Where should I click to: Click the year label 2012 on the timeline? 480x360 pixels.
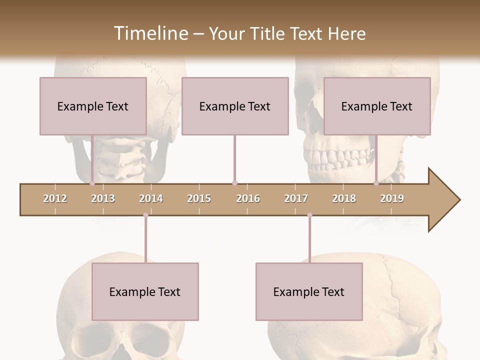pyautogui.click(x=55, y=198)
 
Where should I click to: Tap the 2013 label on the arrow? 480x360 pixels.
pyautogui.click(x=103, y=198)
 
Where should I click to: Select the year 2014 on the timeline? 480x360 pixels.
pyautogui.click(x=151, y=198)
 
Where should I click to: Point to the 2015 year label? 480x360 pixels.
pyautogui.click(x=199, y=198)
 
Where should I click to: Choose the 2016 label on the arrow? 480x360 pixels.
pyautogui.click(x=248, y=198)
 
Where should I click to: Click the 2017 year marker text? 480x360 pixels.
pyautogui.click(x=296, y=198)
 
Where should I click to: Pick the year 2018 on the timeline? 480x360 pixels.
pyautogui.click(x=344, y=198)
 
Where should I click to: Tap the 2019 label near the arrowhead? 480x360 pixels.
pyautogui.click(x=392, y=198)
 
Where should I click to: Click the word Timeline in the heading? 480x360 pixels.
pyautogui.click(x=150, y=33)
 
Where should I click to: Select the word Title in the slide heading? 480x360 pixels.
pyautogui.click(x=268, y=33)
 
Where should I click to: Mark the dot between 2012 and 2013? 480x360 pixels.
pyautogui.click(x=92, y=183)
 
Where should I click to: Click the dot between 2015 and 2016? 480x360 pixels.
pyautogui.click(x=234, y=183)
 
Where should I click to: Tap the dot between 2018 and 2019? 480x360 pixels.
pyautogui.click(x=376, y=183)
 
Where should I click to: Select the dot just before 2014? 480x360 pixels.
pyautogui.click(x=145, y=215)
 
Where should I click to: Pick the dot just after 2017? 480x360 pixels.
pyautogui.click(x=309, y=215)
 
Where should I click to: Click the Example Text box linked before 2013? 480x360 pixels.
pyautogui.click(x=93, y=106)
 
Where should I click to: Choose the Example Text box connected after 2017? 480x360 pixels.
pyautogui.click(x=309, y=291)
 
